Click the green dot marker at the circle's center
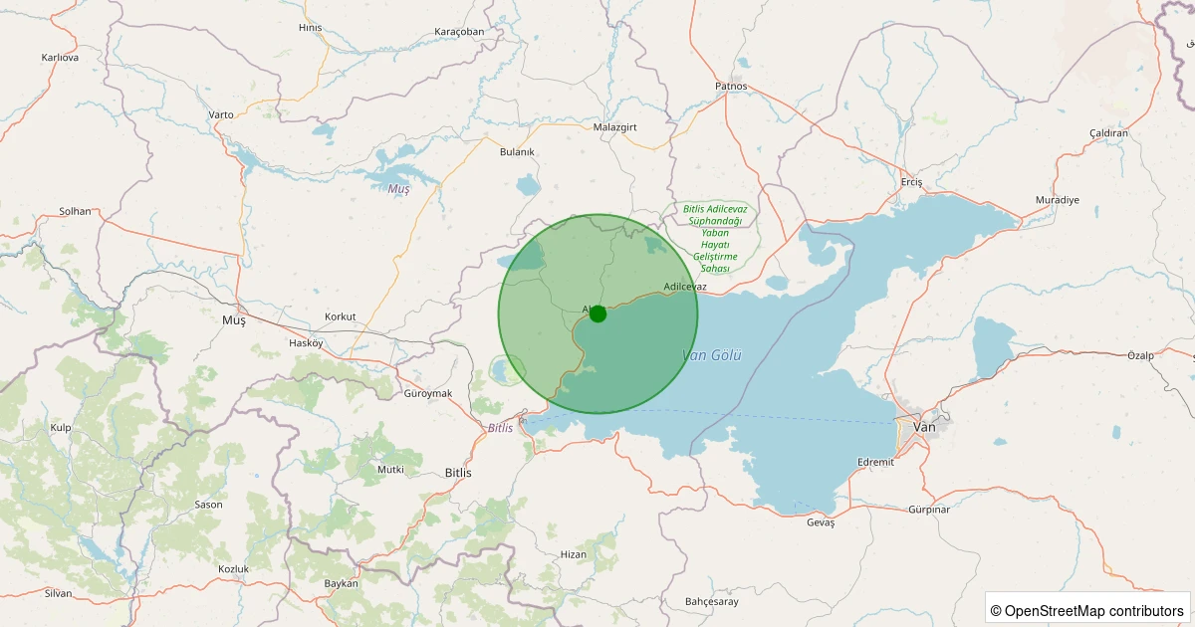tap(597, 313)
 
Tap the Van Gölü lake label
tap(712, 355)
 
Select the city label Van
tap(925, 426)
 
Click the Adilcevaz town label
tap(685, 287)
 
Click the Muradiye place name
tap(1058, 200)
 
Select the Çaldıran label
tap(1108, 133)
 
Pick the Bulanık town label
tap(518, 151)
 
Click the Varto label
tap(221, 114)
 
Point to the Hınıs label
tap(311, 27)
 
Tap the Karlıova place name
tap(60, 58)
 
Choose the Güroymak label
tap(428, 393)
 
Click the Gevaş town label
tap(821, 522)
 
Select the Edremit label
tap(876, 462)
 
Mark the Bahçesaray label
tap(712, 601)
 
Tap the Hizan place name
tap(574, 554)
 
